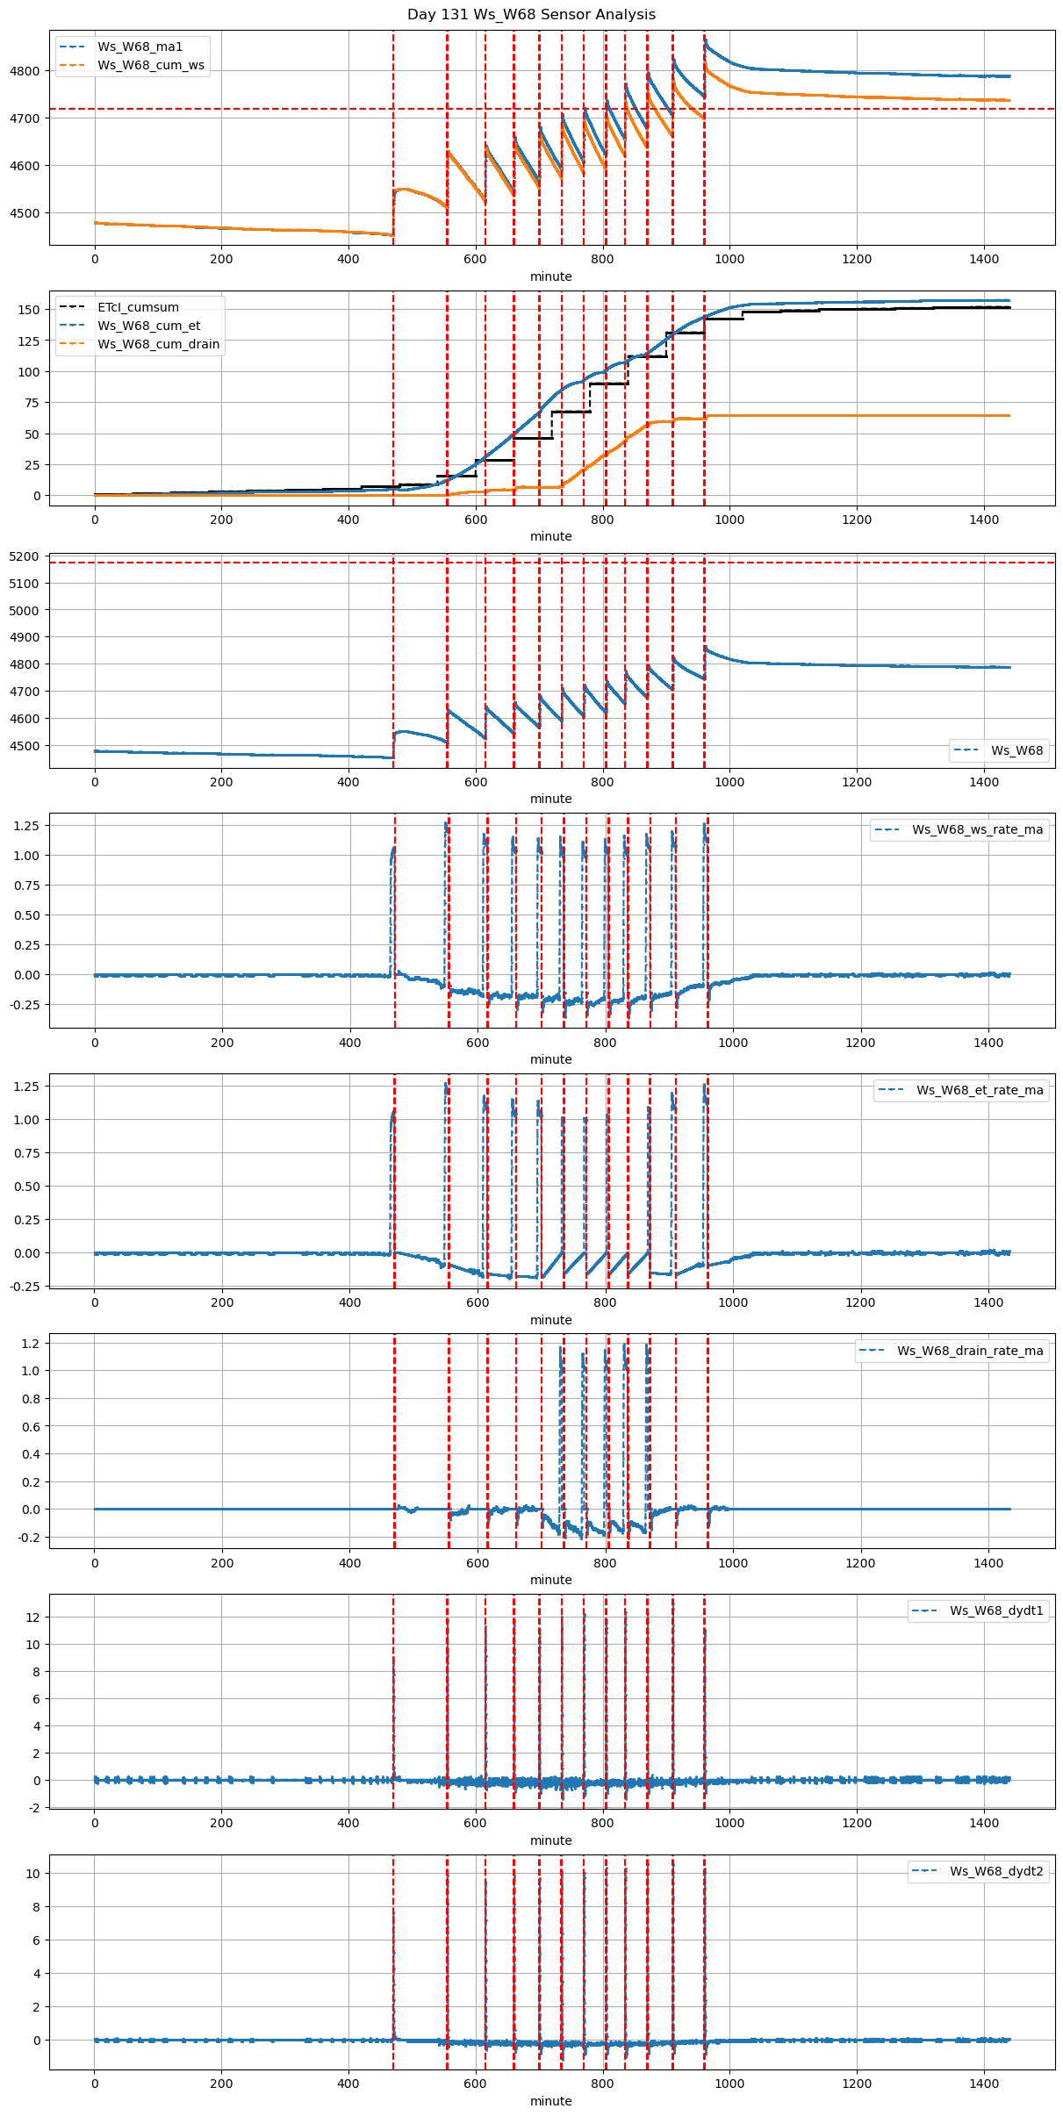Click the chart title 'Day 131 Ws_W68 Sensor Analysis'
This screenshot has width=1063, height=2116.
click(x=531, y=14)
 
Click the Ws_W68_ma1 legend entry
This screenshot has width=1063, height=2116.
click(x=140, y=47)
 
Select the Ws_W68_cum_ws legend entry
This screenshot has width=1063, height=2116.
click(x=150, y=65)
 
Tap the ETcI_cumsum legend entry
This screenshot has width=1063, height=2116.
click(x=138, y=307)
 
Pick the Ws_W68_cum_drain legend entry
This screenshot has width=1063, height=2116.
click(x=158, y=344)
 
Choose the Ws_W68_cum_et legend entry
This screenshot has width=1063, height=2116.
click(x=148, y=326)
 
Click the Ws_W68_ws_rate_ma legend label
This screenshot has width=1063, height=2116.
click(x=977, y=829)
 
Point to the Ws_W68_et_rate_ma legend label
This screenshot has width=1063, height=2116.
click(x=980, y=1090)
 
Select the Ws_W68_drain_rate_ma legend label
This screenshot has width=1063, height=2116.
click(x=970, y=1351)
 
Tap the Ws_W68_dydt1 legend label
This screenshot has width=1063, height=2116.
click(x=996, y=1610)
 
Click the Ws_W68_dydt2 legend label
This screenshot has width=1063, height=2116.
click(x=996, y=1871)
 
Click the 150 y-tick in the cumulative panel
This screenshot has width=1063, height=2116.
click(x=29, y=310)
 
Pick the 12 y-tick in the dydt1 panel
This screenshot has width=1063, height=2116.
click(x=33, y=1617)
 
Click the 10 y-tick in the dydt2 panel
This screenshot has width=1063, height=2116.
click(x=33, y=1873)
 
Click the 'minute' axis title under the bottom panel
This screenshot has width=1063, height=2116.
click(x=550, y=2101)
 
